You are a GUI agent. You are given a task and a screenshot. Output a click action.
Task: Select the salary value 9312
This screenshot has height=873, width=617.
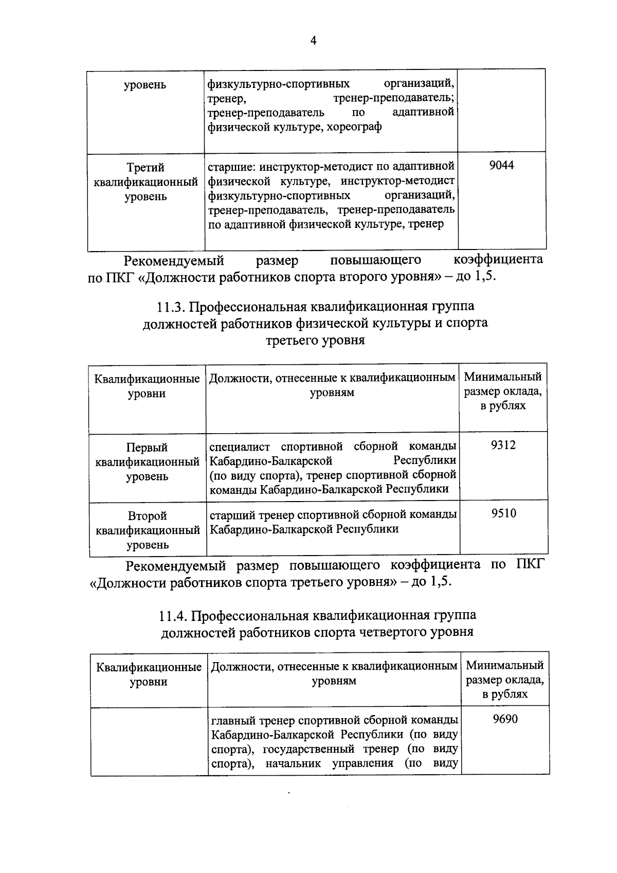(503, 446)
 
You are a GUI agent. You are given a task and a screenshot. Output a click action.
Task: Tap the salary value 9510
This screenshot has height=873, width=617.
(503, 513)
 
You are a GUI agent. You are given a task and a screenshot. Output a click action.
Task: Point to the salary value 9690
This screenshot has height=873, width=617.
(505, 719)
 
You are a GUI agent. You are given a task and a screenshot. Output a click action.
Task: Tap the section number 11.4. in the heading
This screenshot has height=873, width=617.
(173, 616)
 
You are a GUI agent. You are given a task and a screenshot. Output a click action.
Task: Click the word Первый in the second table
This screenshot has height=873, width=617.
(147, 448)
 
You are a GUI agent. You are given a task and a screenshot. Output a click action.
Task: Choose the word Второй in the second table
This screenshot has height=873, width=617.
(148, 516)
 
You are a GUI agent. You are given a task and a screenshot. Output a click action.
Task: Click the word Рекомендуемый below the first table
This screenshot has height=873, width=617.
(170, 260)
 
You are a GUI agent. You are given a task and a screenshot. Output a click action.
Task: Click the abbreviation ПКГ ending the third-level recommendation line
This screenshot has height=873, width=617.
(528, 565)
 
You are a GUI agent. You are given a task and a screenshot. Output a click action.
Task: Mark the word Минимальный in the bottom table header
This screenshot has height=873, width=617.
(504, 666)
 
